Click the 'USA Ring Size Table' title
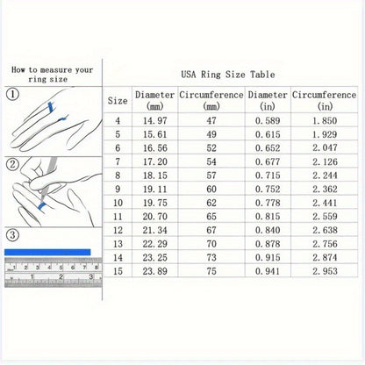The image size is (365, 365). (228, 75)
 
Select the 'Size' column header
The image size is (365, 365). (118, 101)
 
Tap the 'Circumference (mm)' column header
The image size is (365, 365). (211, 100)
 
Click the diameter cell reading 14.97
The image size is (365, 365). (154, 120)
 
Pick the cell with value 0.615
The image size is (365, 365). (268, 134)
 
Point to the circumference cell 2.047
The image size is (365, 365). (325, 147)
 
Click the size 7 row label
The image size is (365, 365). (118, 161)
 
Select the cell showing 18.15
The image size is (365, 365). (154, 175)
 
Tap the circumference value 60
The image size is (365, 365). (211, 189)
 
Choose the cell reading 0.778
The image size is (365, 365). (268, 203)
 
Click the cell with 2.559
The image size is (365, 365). (325, 217)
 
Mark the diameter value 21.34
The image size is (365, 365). (154, 230)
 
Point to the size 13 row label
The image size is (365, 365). (118, 244)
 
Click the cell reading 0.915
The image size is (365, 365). (268, 257)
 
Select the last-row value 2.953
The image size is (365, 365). (325, 271)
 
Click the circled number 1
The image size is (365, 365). (12, 94)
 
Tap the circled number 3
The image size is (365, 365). (12, 235)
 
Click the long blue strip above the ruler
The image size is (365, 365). (47, 252)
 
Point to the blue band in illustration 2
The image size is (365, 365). (42, 205)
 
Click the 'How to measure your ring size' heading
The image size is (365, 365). (52, 75)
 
